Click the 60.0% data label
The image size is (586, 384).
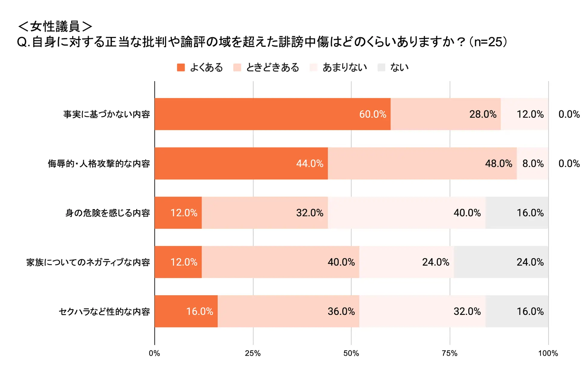pyautogui.click(x=372, y=114)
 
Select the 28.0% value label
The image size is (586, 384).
pyautogui.click(x=483, y=114)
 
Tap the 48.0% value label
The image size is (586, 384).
pyautogui.click(x=498, y=163)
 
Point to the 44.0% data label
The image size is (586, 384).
pyautogui.click(x=310, y=163)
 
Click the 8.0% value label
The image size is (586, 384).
pyautogui.click(x=533, y=163)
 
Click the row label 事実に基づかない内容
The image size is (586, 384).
pyautogui.click(x=106, y=114)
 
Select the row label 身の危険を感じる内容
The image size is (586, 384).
pyautogui.click(x=108, y=213)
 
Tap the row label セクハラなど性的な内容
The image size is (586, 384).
pyautogui.click(x=104, y=312)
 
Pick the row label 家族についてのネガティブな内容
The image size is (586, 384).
pyautogui.click(x=88, y=262)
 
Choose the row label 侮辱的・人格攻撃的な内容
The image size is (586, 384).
pyautogui.click(x=99, y=164)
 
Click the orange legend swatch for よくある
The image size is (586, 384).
pyautogui.click(x=181, y=67)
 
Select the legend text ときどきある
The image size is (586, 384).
pyautogui.click(x=272, y=67)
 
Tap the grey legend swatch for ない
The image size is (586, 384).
pyautogui.click(x=381, y=67)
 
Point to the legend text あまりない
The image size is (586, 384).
pyautogui.click(x=344, y=67)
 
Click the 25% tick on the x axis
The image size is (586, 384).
pyautogui.click(x=253, y=353)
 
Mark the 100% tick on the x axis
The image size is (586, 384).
pyautogui.click(x=548, y=353)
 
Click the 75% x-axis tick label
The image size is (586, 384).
pyautogui.click(x=450, y=353)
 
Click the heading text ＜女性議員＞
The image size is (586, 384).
pyautogui.click(x=55, y=26)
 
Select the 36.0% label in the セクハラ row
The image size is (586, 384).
pyautogui.click(x=341, y=311)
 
